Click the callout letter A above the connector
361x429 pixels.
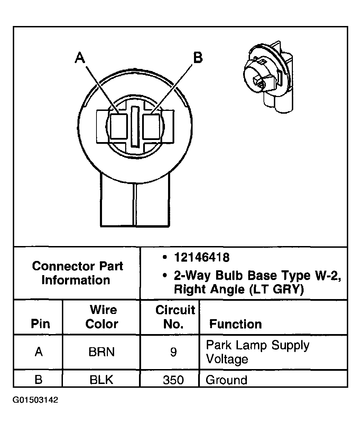point(80,58)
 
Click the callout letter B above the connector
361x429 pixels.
point(198,58)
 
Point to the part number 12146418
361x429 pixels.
point(202,257)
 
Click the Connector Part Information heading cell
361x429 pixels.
point(77,273)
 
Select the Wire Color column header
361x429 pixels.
point(102,317)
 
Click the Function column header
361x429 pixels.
point(235,324)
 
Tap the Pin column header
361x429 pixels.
point(40,324)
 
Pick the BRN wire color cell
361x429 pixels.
point(102,352)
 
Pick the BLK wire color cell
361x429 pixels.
point(101,380)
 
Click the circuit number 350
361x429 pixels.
point(173,380)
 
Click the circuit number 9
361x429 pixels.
point(173,352)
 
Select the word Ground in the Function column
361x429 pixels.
point(226,380)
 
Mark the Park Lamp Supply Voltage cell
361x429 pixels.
point(257,352)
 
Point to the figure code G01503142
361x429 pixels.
point(35,400)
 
